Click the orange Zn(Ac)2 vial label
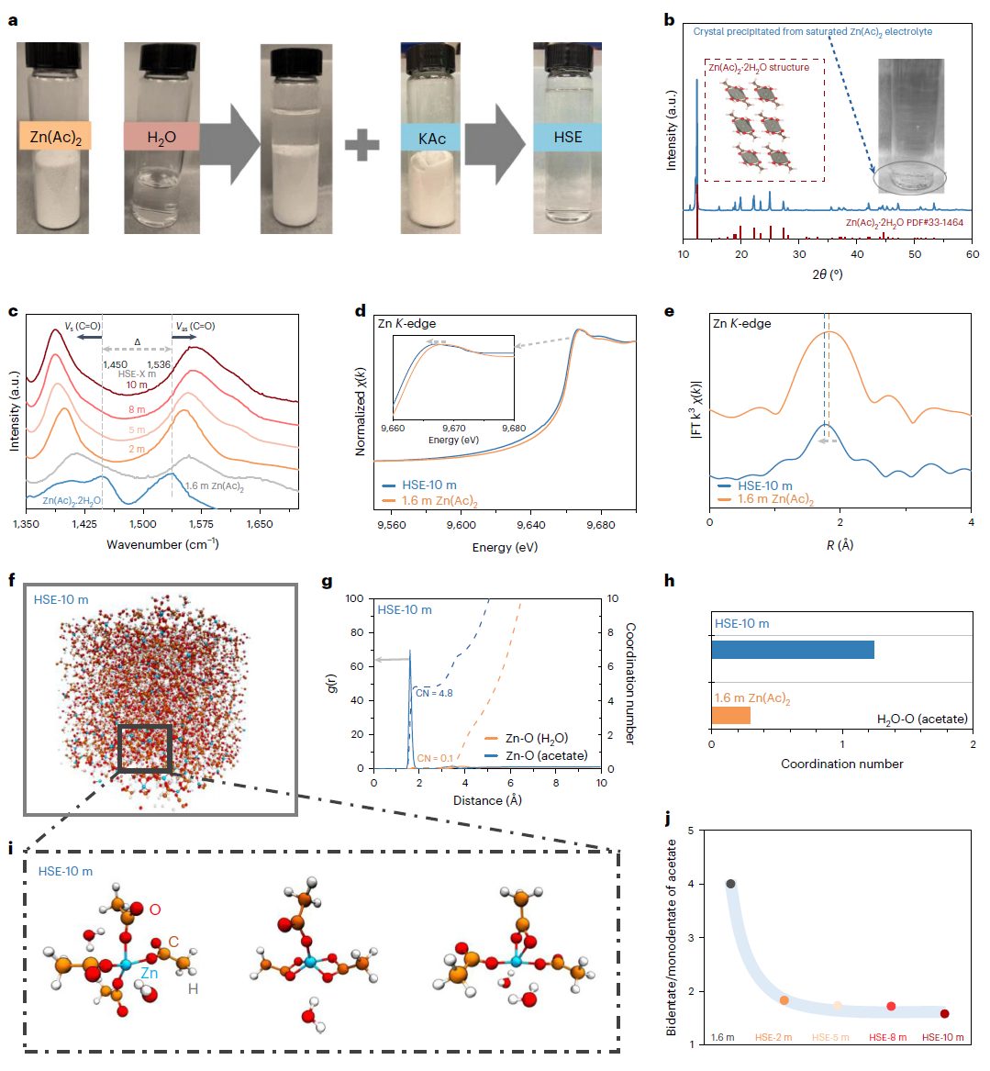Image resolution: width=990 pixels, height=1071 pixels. click(54, 136)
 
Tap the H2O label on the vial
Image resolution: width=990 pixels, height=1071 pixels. click(162, 136)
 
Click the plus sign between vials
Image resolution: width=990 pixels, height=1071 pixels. click(362, 144)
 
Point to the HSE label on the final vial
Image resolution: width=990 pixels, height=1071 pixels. click(567, 137)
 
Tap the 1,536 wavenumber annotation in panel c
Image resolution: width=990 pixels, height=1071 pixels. click(159, 364)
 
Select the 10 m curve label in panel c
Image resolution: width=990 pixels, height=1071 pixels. click(137, 385)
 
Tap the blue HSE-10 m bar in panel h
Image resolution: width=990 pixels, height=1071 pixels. click(792, 650)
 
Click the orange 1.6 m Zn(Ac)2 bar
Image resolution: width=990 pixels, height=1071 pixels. click(730, 716)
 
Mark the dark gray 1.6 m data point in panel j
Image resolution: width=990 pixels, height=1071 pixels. click(730, 884)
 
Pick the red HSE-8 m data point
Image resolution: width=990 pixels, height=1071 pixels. click(891, 1007)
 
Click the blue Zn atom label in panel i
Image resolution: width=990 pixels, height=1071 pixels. click(149, 974)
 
